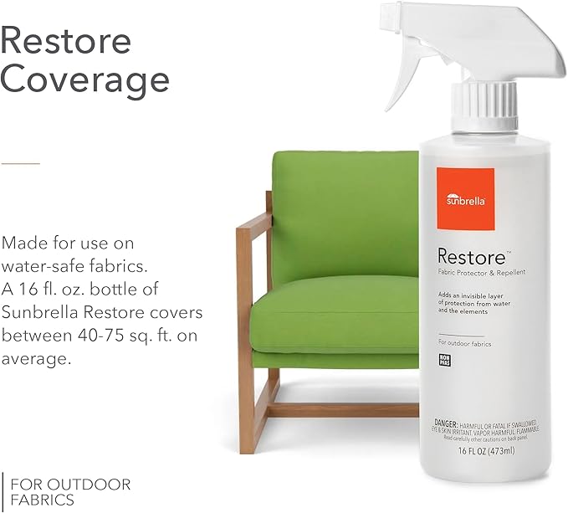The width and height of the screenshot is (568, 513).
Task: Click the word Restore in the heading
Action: pos(66,41)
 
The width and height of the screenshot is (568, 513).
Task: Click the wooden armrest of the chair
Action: pos(252,219)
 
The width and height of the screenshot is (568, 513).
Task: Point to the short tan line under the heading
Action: pos(20,162)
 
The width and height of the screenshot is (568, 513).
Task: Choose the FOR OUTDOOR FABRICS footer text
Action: pos(67,491)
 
